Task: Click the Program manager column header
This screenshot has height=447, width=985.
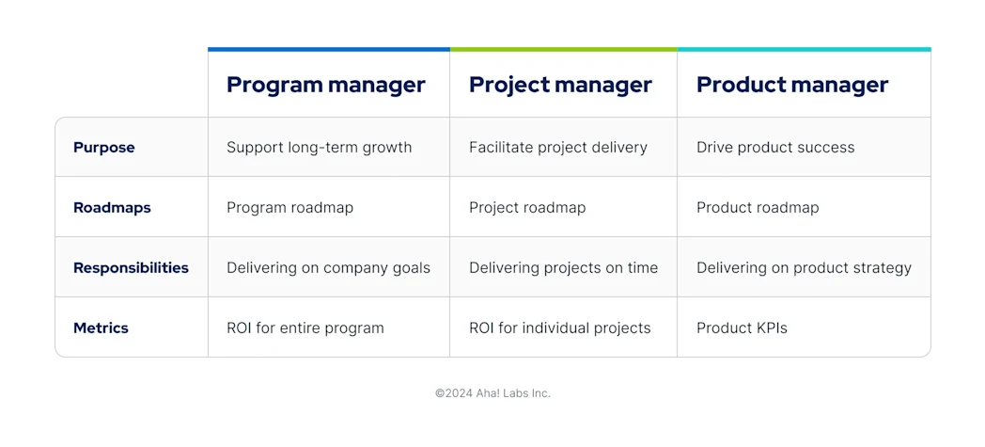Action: point(325,85)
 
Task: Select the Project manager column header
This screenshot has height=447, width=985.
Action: point(560,85)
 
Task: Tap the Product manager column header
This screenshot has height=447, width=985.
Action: point(791,85)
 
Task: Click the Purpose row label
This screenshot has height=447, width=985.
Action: point(104,148)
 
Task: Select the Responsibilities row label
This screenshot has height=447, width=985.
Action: point(131,268)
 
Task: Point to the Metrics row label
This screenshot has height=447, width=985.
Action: point(101,328)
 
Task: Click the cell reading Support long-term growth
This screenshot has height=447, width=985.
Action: point(319,148)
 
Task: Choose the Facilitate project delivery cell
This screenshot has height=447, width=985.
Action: point(557,148)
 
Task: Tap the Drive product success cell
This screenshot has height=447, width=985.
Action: point(775,148)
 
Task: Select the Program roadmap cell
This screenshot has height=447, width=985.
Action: point(289,208)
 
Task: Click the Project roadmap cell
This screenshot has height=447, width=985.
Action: point(527,208)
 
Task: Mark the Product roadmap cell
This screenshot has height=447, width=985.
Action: point(758,208)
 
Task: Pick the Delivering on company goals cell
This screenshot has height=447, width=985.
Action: point(328,268)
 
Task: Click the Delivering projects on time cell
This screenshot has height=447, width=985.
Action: point(563,268)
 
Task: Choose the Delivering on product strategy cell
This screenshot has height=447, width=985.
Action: point(804,268)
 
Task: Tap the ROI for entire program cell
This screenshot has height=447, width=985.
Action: point(305,328)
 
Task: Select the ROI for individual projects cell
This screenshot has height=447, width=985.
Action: point(559,328)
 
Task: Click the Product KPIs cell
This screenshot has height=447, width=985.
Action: point(742,328)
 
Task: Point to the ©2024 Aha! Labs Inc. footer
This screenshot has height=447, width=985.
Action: point(492,393)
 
